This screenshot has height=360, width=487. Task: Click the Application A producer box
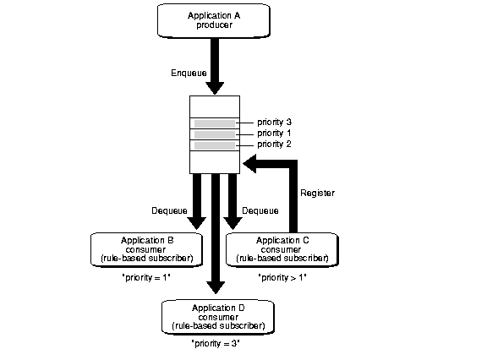[x=214, y=21]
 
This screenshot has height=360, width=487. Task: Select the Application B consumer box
[x=146, y=249]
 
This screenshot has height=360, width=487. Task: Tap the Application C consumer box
[x=282, y=249]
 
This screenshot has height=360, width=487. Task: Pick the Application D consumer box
[x=218, y=317]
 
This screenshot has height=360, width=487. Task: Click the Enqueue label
[x=189, y=74]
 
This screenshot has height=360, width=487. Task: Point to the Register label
[x=317, y=194]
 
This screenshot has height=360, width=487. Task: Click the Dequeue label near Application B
[x=169, y=211]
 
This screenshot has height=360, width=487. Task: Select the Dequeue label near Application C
[x=260, y=211]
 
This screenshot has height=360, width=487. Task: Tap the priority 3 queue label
[x=274, y=123]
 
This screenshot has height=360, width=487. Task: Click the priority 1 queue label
[x=274, y=134]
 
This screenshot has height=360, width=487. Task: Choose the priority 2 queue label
[x=274, y=145]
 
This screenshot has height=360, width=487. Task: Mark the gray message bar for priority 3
[x=215, y=123]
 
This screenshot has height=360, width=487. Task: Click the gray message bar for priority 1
[x=215, y=134]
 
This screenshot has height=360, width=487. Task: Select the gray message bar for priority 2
[x=215, y=145]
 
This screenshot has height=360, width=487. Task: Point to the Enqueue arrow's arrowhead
[x=215, y=88]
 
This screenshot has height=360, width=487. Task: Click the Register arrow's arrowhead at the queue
[x=249, y=164]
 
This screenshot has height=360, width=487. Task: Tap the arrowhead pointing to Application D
[x=216, y=287]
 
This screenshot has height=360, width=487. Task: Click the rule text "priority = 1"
[x=146, y=277]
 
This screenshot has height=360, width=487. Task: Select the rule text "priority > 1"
[x=282, y=277]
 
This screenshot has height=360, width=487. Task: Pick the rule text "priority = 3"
[x=216, y=344]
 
